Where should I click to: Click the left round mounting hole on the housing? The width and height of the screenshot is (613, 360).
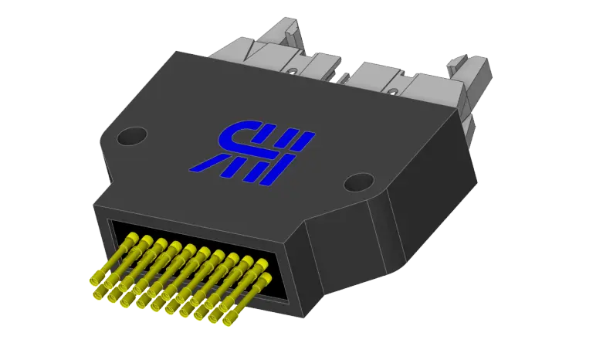click(130, 137)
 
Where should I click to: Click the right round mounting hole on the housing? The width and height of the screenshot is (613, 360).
click(358, 182)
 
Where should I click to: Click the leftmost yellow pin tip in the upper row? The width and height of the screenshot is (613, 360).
click(128, 240)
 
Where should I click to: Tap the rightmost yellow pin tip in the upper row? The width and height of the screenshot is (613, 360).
click(266, 264)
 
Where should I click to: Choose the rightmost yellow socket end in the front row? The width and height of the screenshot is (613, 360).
click(229, 316)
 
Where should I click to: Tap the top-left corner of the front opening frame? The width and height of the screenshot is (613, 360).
click(109, 220)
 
